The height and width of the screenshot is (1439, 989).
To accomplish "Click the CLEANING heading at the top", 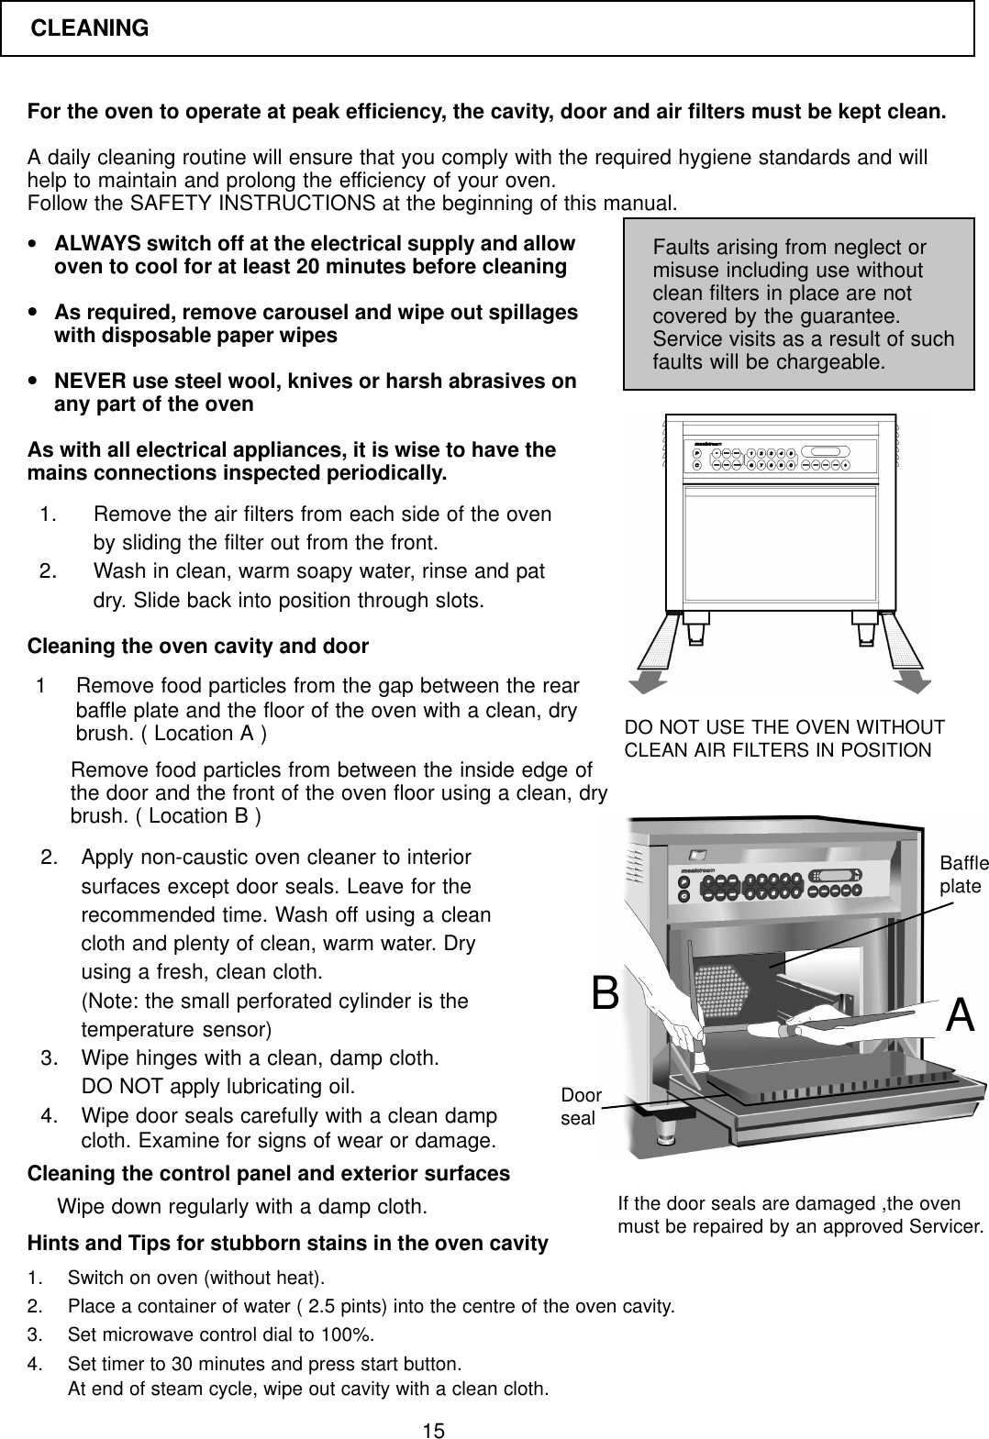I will tap(90, 28).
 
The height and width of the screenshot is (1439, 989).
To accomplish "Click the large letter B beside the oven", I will tap(605, 992).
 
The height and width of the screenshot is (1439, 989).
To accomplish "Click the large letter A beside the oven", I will tap(959, 1014).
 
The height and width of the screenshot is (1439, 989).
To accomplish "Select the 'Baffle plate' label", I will tap(963, 875).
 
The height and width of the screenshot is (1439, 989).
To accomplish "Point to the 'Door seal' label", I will tap(581, 1107).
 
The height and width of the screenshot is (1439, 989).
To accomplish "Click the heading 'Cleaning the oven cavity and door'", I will tap(198, 647).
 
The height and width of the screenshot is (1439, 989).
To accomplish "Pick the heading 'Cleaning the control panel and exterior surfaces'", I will tap(269, 1174).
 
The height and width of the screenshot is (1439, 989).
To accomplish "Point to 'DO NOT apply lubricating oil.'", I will tap(218, 1088).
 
